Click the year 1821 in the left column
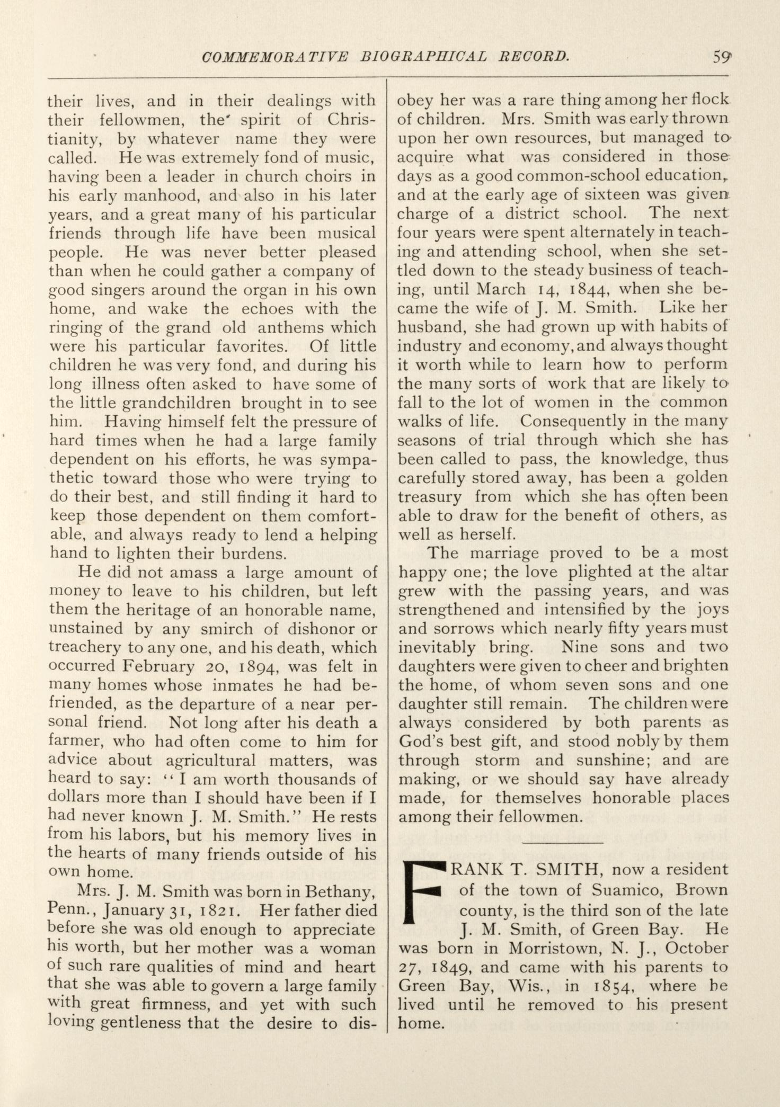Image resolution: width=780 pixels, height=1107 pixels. click(221, 911)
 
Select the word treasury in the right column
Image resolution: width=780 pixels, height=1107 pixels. click(429, 497)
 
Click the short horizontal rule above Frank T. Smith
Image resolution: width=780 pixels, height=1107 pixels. click(563, 842)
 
